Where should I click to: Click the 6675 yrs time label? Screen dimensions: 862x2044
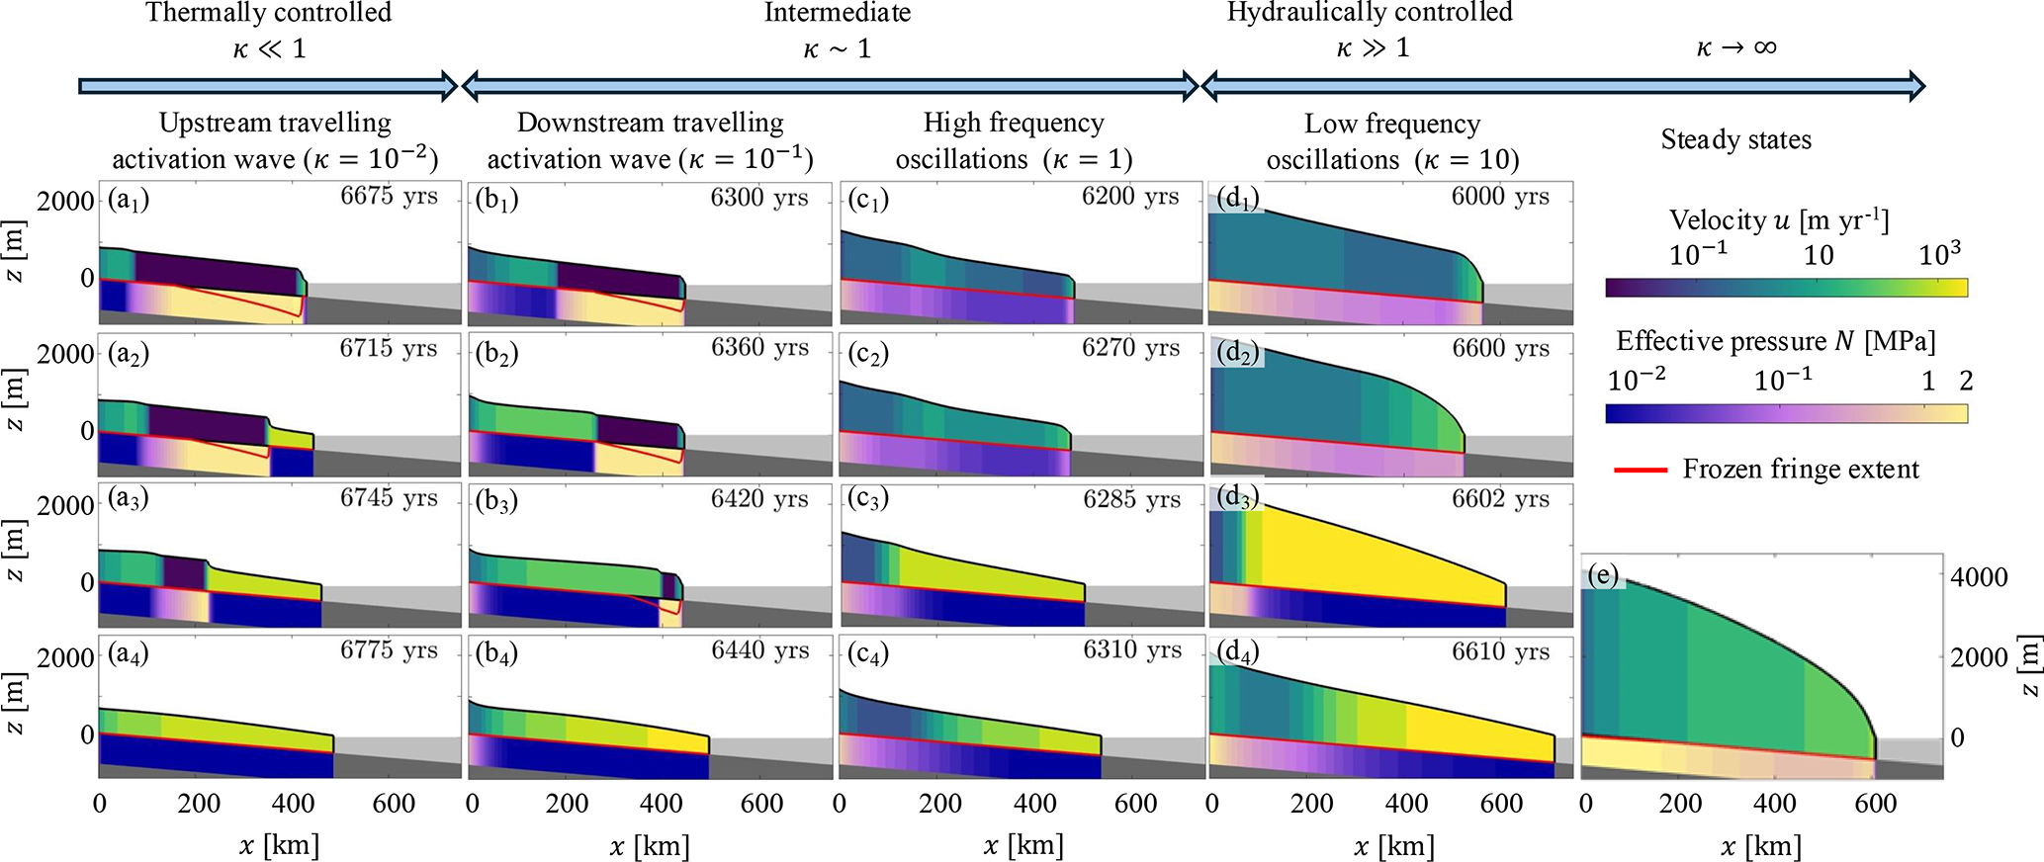(x=389, y=196)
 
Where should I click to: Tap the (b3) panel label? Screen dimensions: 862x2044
(x=496, y=501)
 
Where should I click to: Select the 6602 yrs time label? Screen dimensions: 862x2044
(x=1500, y=499)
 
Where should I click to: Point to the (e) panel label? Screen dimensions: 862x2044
(x=1602, y=575)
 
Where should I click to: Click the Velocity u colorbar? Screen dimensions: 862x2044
(x=1786, y=288)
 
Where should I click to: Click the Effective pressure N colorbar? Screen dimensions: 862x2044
(x=1786, y=413)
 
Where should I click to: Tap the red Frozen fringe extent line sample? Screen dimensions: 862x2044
(x=1641, y=470)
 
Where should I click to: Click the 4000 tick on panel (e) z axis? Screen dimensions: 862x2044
(x=1978, y=577)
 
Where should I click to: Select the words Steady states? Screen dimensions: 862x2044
(x=1735, y=139)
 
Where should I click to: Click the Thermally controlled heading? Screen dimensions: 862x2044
(x=268, y=13)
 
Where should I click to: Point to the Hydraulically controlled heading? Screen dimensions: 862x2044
(x=1370, y=13)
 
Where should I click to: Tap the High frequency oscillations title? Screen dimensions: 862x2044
(x=1014, y=140)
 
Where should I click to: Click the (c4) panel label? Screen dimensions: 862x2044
(x=868, y=654)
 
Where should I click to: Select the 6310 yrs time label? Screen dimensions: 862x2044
(x=1131, y=650)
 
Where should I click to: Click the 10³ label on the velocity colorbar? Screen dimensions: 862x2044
(x=1939, y=254)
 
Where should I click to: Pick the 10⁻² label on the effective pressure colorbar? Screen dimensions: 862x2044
(x=1637, y=380)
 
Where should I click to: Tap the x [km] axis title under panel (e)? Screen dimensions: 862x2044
(x=1761, y=846)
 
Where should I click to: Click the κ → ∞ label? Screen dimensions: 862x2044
(x=1735, y=47)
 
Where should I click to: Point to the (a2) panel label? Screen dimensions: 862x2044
(x=129, y=354)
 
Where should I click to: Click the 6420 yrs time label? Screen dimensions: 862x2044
(x=759, y=499)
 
